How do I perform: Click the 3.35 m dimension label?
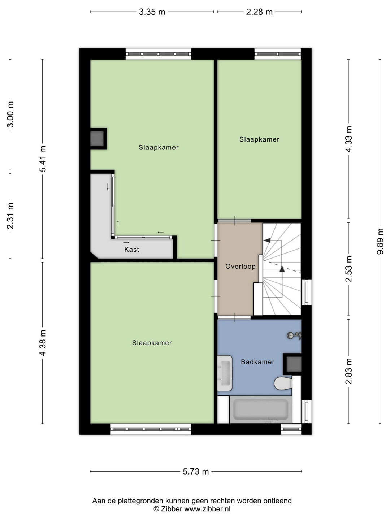coord(152,12)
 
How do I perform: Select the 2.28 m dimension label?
coord(259,12)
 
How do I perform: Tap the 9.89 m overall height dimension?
coord(380,241)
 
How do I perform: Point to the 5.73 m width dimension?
coord(196,472)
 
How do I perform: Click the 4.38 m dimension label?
coord(43,343)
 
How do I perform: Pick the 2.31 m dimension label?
coord(10,216)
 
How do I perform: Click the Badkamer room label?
coord(257,362)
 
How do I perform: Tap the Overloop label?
coord(240,266)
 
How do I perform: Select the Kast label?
coord(132,249)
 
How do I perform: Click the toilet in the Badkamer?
coord(283,383)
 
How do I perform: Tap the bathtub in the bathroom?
coord(261,409)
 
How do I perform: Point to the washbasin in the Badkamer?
coord(225,373)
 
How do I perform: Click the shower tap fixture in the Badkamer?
coord(294,335)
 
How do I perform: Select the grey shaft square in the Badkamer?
coord(294,364)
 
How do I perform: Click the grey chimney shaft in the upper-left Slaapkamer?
coord(97,139)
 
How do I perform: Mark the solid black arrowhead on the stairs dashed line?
coord(282,269)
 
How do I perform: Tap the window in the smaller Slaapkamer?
coord(278,54)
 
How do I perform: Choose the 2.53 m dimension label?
coord(348,269)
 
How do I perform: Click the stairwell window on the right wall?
coord(307,292)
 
